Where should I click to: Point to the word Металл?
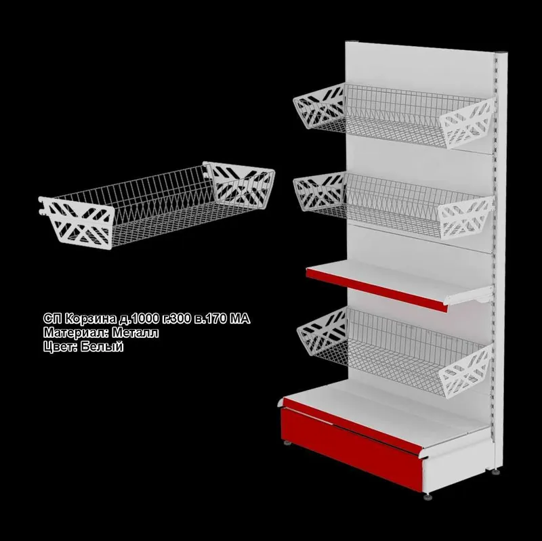[x=135, y=332]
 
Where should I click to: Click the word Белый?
[x=102, y=346]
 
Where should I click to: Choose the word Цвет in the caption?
[x=60, y=347]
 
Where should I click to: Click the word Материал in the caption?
[x=76, y=332]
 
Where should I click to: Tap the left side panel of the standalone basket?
[x=78, y=222]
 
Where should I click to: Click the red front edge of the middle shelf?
[x=376, y=290]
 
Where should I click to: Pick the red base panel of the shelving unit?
[x=352, y=448]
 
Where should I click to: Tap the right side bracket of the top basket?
[x=467, y=123]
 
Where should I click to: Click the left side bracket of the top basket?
[x=319, y=107]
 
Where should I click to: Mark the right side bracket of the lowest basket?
[x=465, y=370]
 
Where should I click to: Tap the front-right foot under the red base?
[x=428, y=498]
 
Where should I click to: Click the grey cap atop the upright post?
[x=502, y=53]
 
